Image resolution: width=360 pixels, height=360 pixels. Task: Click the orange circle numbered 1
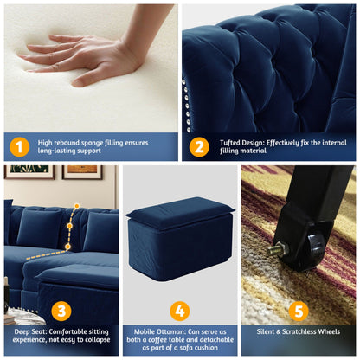point(21,146)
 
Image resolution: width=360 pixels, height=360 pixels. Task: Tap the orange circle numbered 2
point(198,146)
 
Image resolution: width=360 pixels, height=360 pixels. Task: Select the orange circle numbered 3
point(60,310)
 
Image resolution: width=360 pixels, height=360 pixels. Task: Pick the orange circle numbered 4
point(179,310)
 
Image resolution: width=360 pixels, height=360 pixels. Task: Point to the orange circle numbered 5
point(299,310)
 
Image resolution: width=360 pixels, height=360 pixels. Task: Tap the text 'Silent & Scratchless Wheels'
point(299,331)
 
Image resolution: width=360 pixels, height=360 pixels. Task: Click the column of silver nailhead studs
point(185,104)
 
